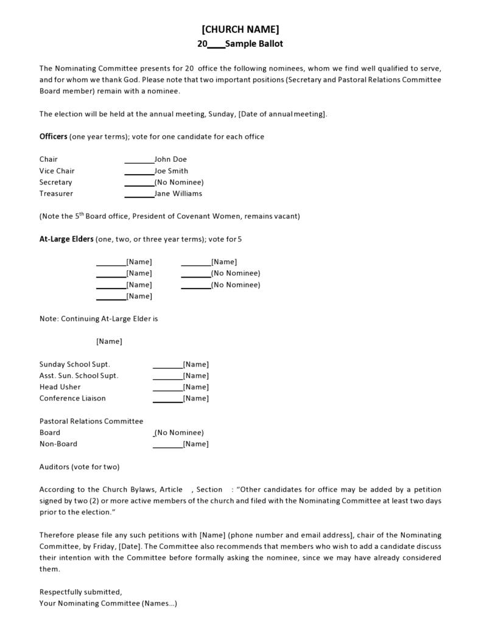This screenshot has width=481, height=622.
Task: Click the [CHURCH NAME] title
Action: [x=240, y=29]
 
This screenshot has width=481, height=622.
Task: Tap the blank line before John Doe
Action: [x=139, y=160]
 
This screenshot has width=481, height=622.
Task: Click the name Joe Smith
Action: [x=171, y=171]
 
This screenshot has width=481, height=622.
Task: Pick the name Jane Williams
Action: [x=178, y=194]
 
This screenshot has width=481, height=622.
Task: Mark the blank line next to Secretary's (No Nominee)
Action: [x=139, y=183]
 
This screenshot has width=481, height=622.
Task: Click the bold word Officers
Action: [x=53, y=136]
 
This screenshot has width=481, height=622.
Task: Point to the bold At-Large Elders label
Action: [x=66, y=239]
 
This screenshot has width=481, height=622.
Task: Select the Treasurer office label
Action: [x=56, y=194]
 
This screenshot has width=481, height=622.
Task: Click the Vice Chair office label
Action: [x=57, y=171]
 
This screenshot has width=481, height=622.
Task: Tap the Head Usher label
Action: [x=60, y=387]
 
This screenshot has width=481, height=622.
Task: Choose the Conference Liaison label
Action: [x=72, y=399]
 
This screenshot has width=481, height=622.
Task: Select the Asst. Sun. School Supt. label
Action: [x=79, y=376]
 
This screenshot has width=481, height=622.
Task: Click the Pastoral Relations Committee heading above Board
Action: [x=91, y=421]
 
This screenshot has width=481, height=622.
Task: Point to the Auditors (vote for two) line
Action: [x=79, y=467]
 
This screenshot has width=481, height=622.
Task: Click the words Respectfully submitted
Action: [x=80, y=592]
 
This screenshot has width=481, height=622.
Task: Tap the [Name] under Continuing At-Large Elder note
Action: [x=109, y=341]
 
